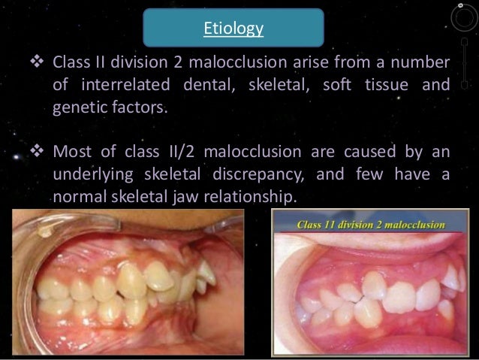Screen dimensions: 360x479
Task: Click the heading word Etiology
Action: (x=234, y=29)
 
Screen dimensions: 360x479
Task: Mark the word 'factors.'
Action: (x=140, y=109)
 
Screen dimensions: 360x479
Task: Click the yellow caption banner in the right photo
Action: (x=371, y=224)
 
